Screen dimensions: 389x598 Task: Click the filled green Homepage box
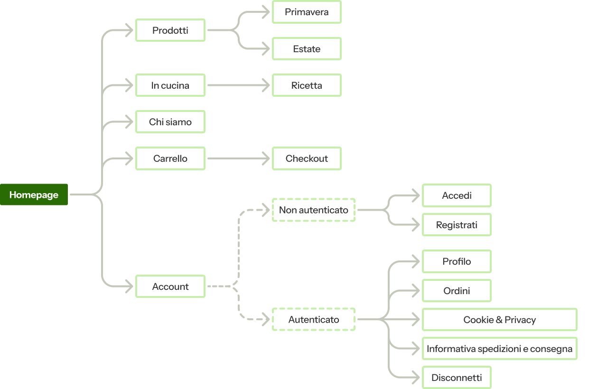tap(34, 194)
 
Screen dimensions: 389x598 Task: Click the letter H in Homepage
tap(13, 195)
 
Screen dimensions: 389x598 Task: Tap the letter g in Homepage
tap(50, 195)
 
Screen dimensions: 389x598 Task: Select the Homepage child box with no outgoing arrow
tap(170, 122)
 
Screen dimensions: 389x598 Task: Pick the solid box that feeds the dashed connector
tap(170, 286)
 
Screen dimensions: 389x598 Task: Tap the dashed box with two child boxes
tap(313, 210)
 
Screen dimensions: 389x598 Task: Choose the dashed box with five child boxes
tap(313, 319)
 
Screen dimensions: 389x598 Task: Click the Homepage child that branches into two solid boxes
tap(170, 30)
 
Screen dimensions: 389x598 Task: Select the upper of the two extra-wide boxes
tap(499, 319)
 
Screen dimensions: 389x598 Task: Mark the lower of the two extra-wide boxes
tap(499, 349)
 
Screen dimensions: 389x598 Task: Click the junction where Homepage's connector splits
tap(97, 194)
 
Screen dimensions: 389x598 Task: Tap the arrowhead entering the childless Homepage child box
tap(130, 122)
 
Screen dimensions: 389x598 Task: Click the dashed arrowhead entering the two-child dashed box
tap(266, 210)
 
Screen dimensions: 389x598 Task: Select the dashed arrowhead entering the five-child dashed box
tap(266, 319)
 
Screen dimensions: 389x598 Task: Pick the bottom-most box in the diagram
tap(457, 378)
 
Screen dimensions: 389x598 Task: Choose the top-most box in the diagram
tap(307, 12)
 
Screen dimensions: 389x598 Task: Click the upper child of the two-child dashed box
tap(457, 195)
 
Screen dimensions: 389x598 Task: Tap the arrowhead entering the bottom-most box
tap(416, 378)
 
